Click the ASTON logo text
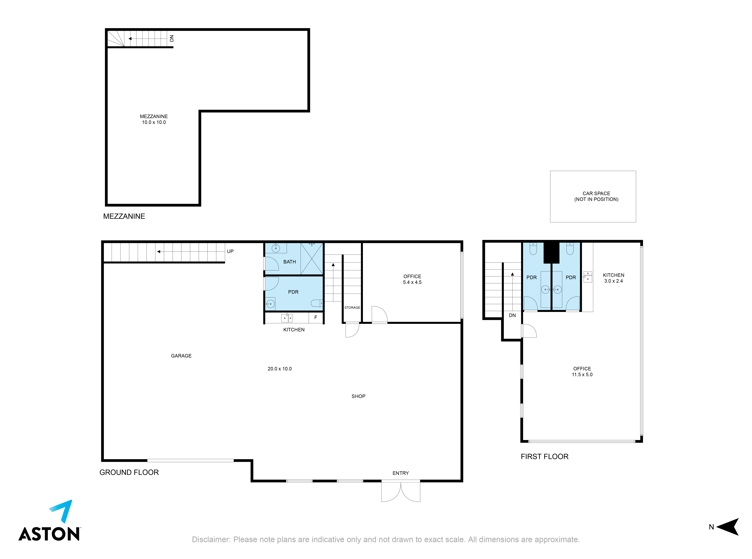click(x=49, y=534)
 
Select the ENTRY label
click(x=401, y=473)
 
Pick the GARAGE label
click(x=181, y=356)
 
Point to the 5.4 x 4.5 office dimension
click(x=412, y=282)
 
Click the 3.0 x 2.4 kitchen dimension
click(x=613, y=281)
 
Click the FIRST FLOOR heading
click(x=545, y=456)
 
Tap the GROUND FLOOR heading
click(x=129, y=472)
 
